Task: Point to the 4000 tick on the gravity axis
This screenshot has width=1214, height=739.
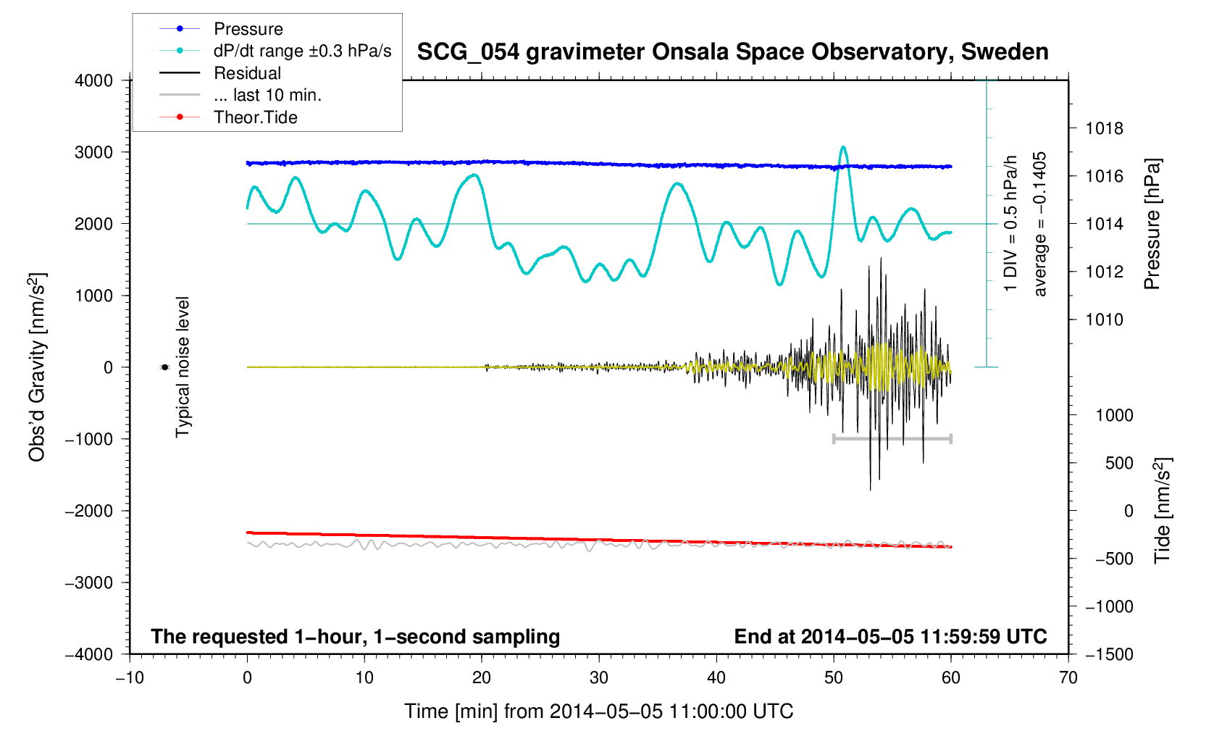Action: pos(93,80)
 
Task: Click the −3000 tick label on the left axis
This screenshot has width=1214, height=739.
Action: pos(89,583)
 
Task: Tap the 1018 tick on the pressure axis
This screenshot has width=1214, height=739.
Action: pos(1105,128)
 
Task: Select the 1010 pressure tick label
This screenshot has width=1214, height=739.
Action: pos(1105,320)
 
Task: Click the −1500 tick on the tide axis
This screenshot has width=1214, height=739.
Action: pos(1109,654)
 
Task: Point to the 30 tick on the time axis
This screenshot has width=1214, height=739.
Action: pos(599,677)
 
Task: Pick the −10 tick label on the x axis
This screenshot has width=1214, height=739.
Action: pos(130,677)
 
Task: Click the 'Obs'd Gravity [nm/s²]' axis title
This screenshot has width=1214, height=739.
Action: pos(37,367)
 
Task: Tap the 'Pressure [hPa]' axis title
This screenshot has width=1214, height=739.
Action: pos(1152,224)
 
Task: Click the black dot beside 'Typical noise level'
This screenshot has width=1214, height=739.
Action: pos(164,367)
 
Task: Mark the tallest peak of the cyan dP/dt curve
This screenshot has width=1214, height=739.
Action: pos(843,147)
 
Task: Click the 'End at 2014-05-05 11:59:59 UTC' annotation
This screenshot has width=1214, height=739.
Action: pos(890,637)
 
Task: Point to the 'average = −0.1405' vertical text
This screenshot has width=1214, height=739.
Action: pos(1040,224)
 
